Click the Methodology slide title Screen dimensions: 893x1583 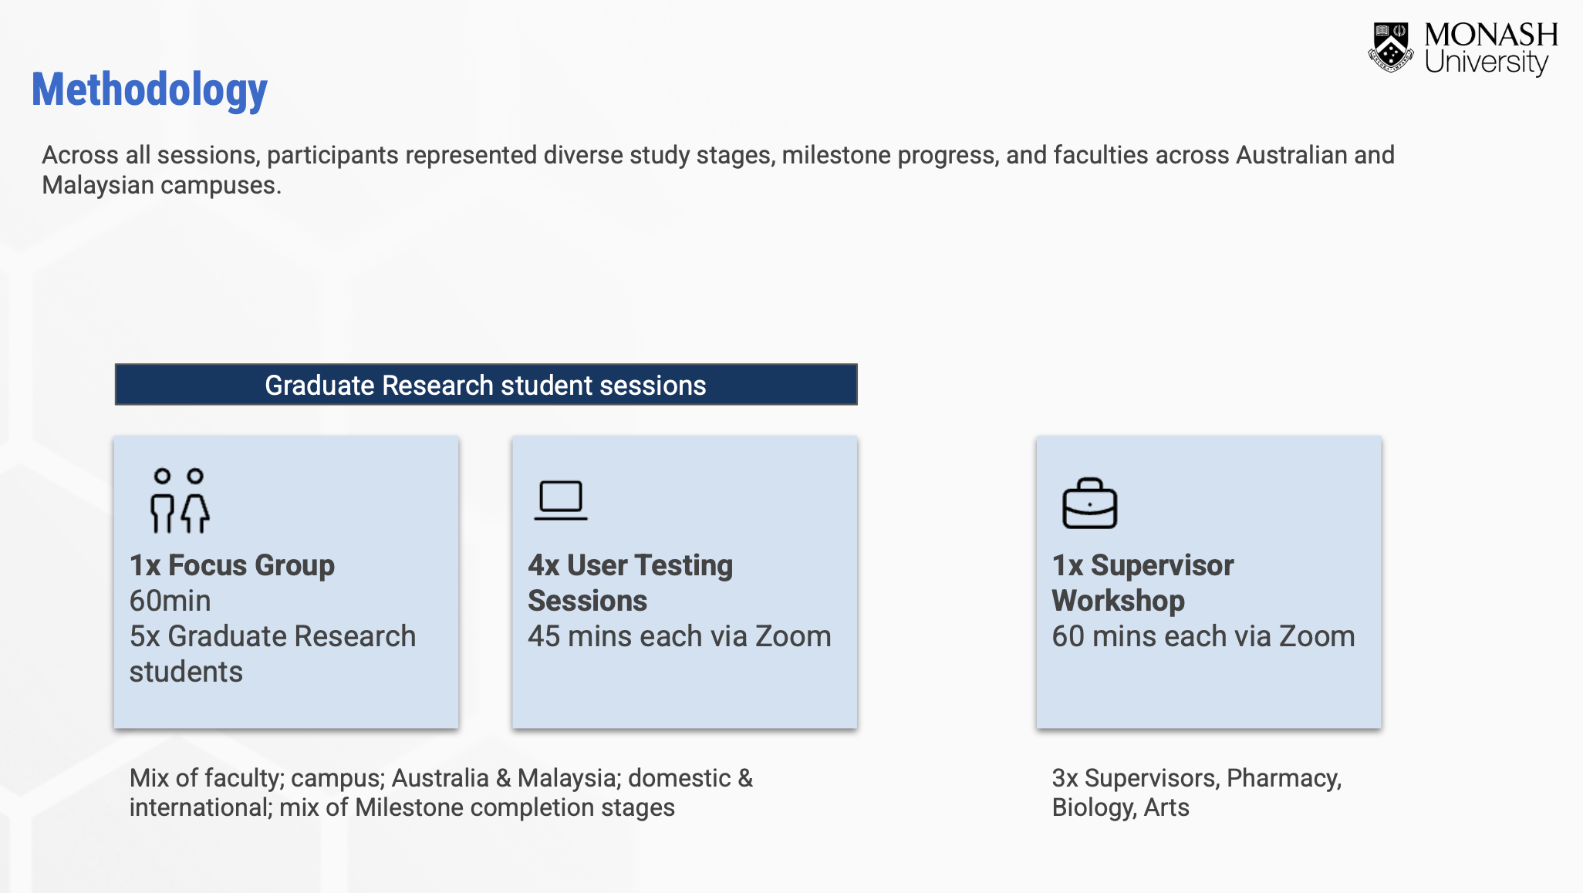point(149,90)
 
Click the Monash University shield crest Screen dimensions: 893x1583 point(1390,47)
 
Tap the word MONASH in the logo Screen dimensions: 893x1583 point(1490,35)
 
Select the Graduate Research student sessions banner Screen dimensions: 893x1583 point(486,385)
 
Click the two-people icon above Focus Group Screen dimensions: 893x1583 point(179,500)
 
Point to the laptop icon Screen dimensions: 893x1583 point(561,500)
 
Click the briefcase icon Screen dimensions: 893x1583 point(1089,504)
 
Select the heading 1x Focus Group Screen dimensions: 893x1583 point(231,565)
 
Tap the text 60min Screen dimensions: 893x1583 point(170,601)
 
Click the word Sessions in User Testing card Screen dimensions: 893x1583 point(587,601)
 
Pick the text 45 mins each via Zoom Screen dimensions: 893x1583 point(679,636)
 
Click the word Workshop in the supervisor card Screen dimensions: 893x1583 point(1118,601)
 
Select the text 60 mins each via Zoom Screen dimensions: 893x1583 point(1203,636)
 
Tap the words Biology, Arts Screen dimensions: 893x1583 point(1120,807)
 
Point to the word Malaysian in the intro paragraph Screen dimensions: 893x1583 point(98,185)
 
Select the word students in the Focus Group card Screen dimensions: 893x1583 point(186,672)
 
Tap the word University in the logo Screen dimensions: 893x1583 point(1486,62)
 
